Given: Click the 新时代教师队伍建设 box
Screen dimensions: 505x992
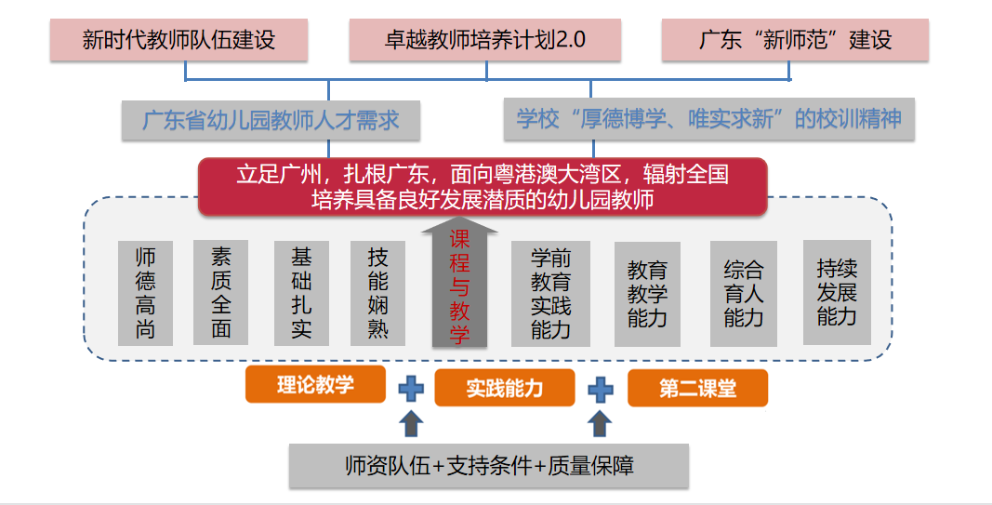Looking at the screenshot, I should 179,41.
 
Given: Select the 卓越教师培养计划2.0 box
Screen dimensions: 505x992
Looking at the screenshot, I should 484,41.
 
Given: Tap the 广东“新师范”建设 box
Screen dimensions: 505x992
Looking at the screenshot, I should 795,41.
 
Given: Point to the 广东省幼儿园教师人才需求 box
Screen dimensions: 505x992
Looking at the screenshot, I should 271,120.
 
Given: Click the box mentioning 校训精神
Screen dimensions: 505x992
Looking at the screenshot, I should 708,120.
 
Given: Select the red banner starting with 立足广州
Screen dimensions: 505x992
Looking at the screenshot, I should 482,186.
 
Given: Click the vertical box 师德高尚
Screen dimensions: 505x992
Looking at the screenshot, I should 145,293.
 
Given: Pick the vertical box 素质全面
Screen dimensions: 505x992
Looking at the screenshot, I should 220,293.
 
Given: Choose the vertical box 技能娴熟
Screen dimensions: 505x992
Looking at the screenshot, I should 377,293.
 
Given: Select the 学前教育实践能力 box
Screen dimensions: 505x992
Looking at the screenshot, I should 550,294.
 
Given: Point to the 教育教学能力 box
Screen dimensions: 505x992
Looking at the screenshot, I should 647,294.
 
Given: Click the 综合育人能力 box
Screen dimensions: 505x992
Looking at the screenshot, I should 743,294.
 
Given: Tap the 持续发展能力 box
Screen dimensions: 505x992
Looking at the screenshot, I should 836,292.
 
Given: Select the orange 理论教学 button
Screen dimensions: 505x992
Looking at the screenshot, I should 315,384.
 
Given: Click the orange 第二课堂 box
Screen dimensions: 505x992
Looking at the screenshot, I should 697,388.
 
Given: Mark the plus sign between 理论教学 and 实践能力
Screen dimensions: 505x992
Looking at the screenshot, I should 411,388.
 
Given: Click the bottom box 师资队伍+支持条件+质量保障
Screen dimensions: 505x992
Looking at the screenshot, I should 489,465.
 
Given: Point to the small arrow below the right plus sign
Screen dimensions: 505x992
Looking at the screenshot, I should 601,424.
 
